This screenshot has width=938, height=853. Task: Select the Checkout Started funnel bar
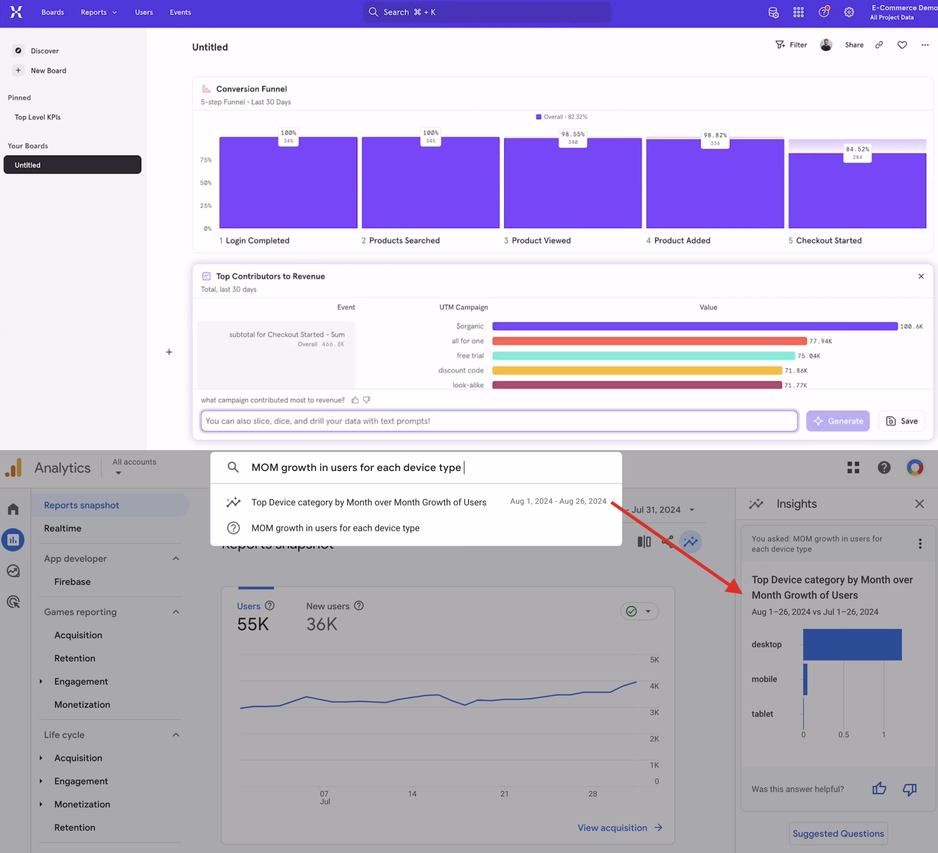coord(857,191)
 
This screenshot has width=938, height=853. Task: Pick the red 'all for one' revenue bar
coord(649,341)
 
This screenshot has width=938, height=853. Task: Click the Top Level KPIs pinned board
coord(38,117)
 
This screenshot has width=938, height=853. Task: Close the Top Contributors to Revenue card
coord(921,277)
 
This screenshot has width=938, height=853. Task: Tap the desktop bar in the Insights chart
coord(852,645)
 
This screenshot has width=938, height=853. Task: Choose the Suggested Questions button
coord(838,833)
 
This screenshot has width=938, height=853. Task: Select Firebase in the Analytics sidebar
coord(72,582)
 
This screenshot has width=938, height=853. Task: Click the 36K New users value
coord(321,624)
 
